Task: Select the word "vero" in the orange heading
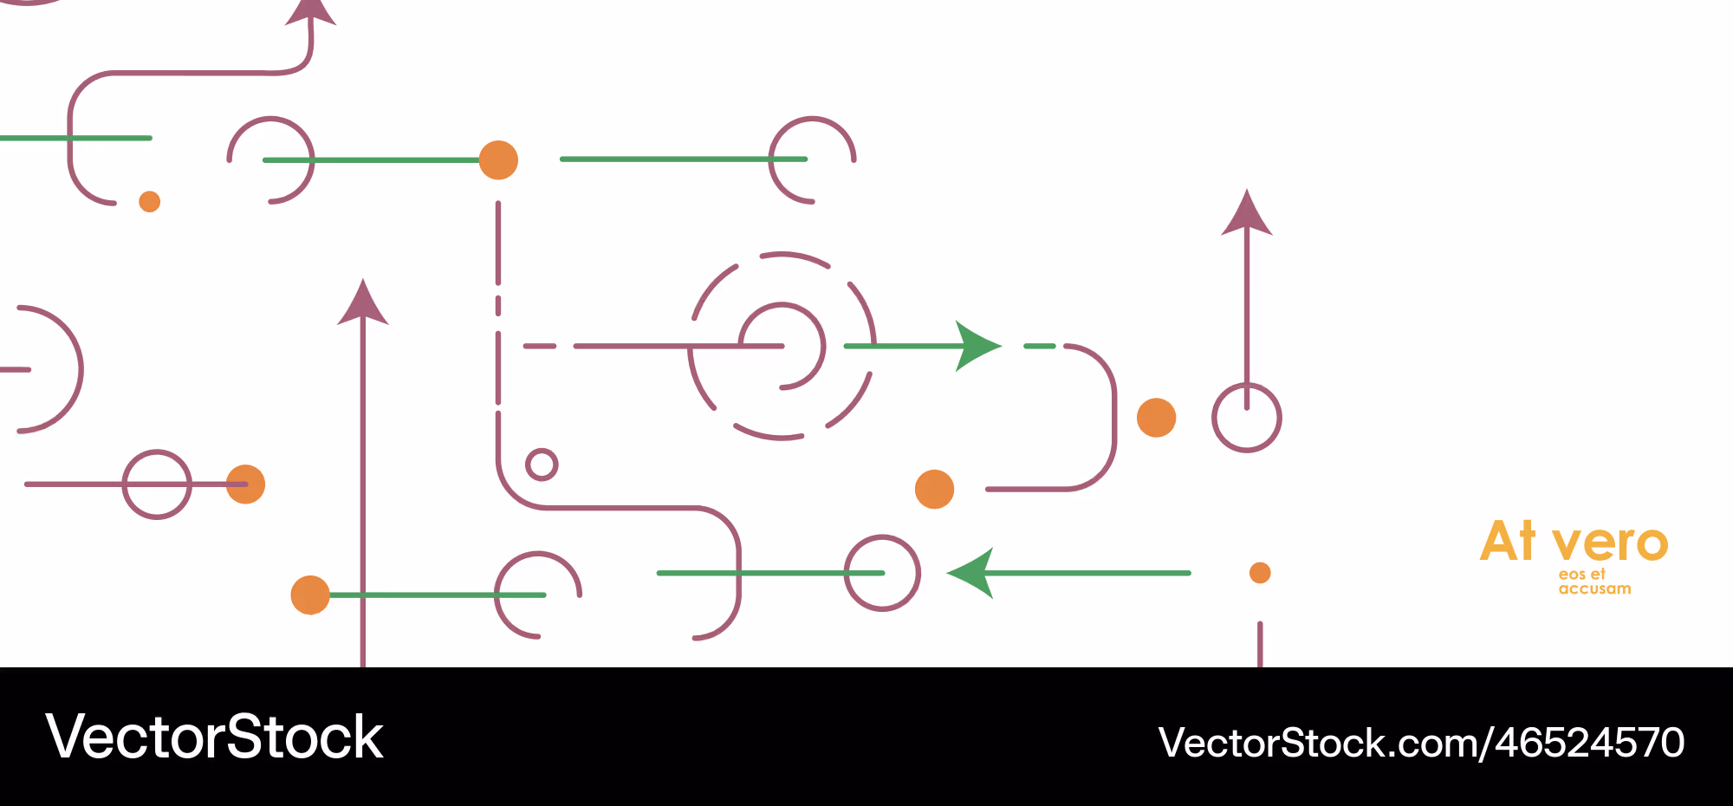pyautogui.click(x=1610, y=544)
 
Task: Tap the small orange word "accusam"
pyautogui.click(x=1594, y=589)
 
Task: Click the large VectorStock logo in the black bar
pyautogui.click(x=214, y=737)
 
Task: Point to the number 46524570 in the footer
pyautogui.click(x=1590, y=743)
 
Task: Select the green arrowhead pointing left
pyautogui.click(x=970, y=573)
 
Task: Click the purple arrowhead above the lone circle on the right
pyautogui.click(x=1247, y=213)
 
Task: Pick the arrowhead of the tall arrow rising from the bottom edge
pyautogui.click(x=363, y=302)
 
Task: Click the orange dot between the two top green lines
pyautogui.click(x=498, y=160)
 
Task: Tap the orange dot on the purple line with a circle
pyautogui.click(x=245, y=484)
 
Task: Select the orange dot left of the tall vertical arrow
pyautogui.click(x=310, y=595)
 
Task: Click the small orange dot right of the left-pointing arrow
pyautogui.click(x=1260, y=573)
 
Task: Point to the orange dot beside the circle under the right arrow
pyautogui.click(x=1156, y=418)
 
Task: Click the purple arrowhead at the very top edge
pyautogui.click(x=311, y=12)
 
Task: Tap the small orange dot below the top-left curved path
pyautogui.click(x=150, y=202)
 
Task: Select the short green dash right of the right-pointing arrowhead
pyautogui.click(x=1040, y=346)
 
